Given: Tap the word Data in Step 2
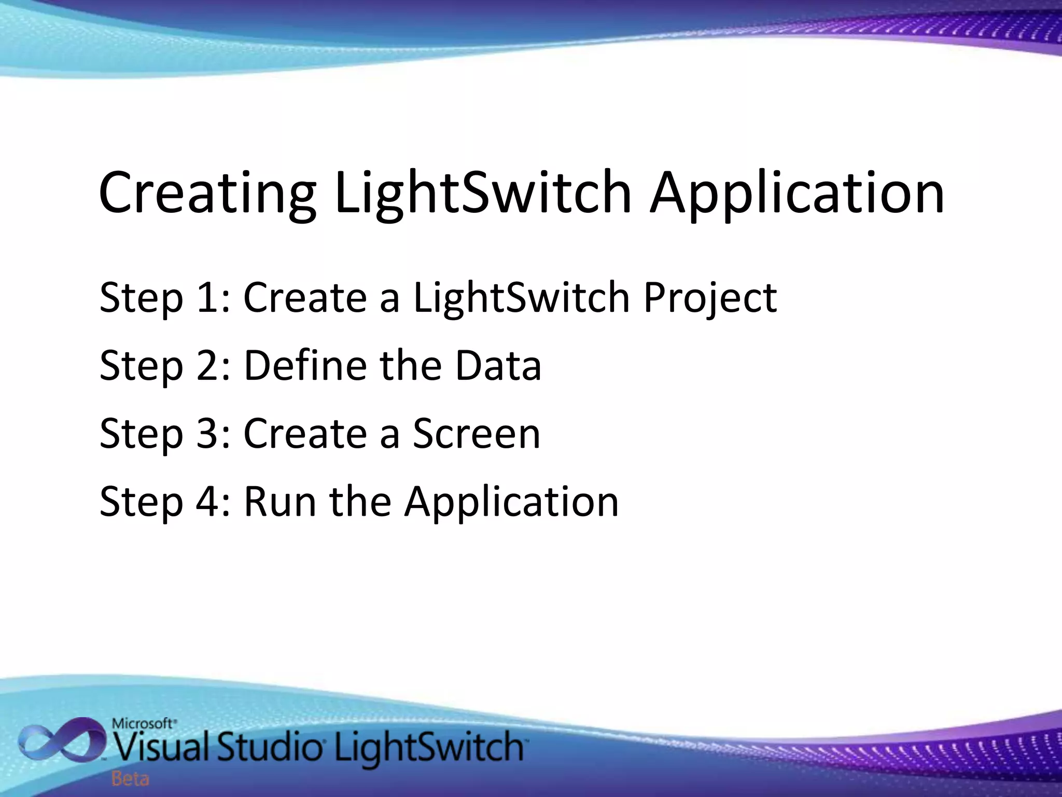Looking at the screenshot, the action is tap(498, 366).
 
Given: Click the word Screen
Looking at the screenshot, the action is tap(477, 434).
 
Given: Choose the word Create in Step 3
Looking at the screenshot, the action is tap(305, 434).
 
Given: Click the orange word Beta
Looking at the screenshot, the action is tap(130, 779).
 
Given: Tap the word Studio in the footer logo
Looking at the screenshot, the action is tap(268, 747).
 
